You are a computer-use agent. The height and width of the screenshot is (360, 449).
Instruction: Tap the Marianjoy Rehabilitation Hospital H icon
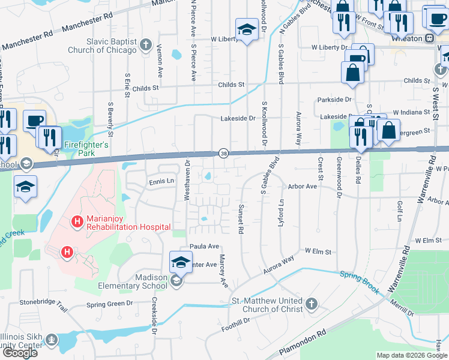pyautogui.click(x=77, y=222)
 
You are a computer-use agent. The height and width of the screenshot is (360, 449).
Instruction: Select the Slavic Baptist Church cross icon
pyautogui.click(x=145, y=44)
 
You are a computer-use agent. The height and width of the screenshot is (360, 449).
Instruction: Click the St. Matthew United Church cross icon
pyautogui.click(x=311, y=304)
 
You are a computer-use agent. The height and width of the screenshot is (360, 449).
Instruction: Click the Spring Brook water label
pyautogui.click(x=360, y=282)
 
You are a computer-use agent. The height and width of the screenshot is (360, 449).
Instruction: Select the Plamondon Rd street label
pyautogui.click(x=300, y=341)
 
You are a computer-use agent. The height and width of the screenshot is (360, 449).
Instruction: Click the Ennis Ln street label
pyautogui.click(x=161, y=181)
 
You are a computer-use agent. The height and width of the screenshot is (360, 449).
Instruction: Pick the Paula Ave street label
pyautogui.click(x=204, y=247)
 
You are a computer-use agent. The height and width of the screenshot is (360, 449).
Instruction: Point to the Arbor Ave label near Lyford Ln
pyautogui.click(x=302, y=187)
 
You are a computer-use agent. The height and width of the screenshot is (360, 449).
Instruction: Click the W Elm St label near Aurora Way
pyautogui.click(x=318, y=251)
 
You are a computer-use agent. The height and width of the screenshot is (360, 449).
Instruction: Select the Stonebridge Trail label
pyautogui.click(x=43, y=304)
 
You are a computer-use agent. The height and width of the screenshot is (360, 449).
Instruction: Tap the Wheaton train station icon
pyautogui.click(x=430, y=38)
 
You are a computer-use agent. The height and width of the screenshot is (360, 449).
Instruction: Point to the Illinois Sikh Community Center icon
pyautogui.click(x=52, y=341)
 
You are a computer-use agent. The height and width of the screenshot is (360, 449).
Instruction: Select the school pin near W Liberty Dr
pyautogui.click(x=246, y=30)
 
